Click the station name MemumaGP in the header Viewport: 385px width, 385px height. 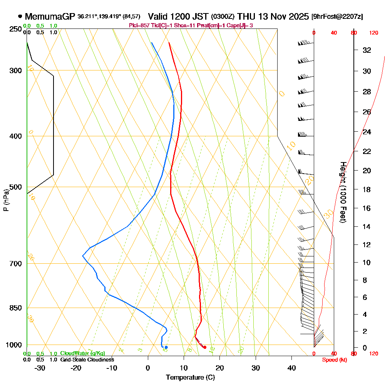(50, 17)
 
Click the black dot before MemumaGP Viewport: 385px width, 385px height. (20, 17)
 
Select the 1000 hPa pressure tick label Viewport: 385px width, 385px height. (14, 345)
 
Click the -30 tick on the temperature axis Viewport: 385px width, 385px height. (40, 368)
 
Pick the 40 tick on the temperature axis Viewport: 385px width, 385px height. (291, 368)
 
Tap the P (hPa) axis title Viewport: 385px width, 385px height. (6, 200)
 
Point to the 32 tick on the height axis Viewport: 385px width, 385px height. (367, 50)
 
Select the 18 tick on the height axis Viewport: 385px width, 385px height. (367, 189)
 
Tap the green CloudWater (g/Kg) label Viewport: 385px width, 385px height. (82, 353)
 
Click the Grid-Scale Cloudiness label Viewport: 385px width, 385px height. (87, 360)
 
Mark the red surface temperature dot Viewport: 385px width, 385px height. (205, 347)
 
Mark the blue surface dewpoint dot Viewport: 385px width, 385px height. (166, 347)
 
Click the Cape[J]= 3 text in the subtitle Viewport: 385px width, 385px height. (241, 25)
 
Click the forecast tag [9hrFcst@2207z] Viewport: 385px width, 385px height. (337, 17)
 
